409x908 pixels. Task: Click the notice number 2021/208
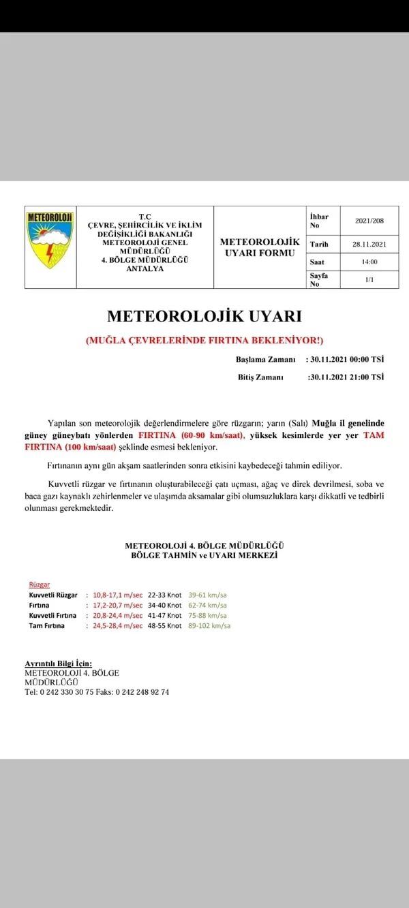click(369, 221)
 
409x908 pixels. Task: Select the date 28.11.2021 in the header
click(369, 244)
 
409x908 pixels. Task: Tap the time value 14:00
click(369, 262)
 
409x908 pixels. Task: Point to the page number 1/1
click(369, 279)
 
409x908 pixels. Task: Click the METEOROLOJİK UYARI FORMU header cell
click(260, 247)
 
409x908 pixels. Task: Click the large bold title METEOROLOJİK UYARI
click(204, 317)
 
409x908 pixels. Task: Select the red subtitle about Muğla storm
click(204, 341)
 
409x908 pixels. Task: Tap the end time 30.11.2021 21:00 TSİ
click(346, 377)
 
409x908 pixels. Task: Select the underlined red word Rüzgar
click(39, 584)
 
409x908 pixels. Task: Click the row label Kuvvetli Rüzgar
click(53, 595)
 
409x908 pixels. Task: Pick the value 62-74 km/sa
click(208, 605)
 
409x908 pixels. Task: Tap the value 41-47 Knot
click(165, 615)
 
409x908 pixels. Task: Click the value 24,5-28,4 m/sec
click(118, 625)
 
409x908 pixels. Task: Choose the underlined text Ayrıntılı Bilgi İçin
click(58, 663)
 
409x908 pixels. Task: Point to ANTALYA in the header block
click(145, 268)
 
